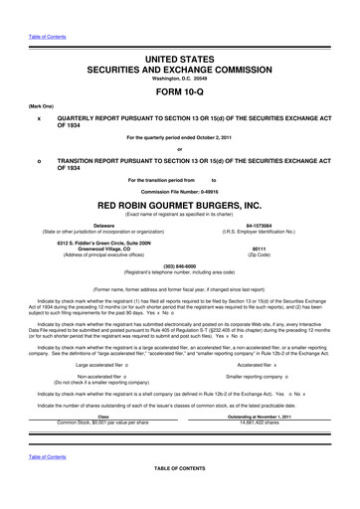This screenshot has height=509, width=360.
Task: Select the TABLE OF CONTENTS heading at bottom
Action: tap(179, 494)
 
